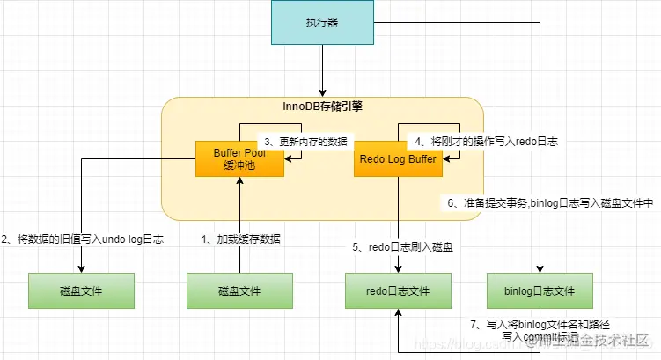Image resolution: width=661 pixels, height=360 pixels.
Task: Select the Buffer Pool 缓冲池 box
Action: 239,159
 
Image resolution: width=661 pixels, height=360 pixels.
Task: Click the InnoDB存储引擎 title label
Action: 322,107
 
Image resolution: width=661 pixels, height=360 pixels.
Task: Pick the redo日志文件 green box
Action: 398,290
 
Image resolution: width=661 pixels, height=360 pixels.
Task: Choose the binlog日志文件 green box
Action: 539,290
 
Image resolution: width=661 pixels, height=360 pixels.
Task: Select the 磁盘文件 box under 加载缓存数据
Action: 239,290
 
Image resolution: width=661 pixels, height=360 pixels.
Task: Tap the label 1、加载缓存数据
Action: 242,239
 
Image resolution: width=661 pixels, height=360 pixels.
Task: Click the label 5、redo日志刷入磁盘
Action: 402,248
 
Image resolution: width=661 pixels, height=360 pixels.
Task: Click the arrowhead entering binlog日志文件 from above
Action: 539,268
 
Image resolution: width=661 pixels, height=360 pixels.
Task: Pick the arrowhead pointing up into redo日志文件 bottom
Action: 398,313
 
